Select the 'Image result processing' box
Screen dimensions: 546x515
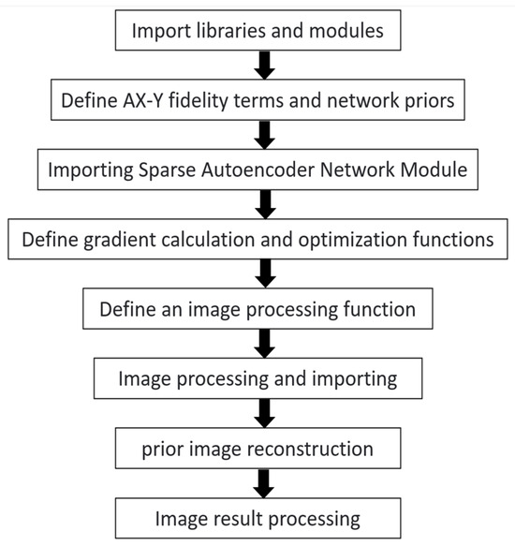(x=257, y=517)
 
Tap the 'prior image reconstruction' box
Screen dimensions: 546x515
(x=257, y=449)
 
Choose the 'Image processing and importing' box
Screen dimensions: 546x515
(x=257, y=379)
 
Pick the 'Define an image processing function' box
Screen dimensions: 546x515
(x=257, y=308)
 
